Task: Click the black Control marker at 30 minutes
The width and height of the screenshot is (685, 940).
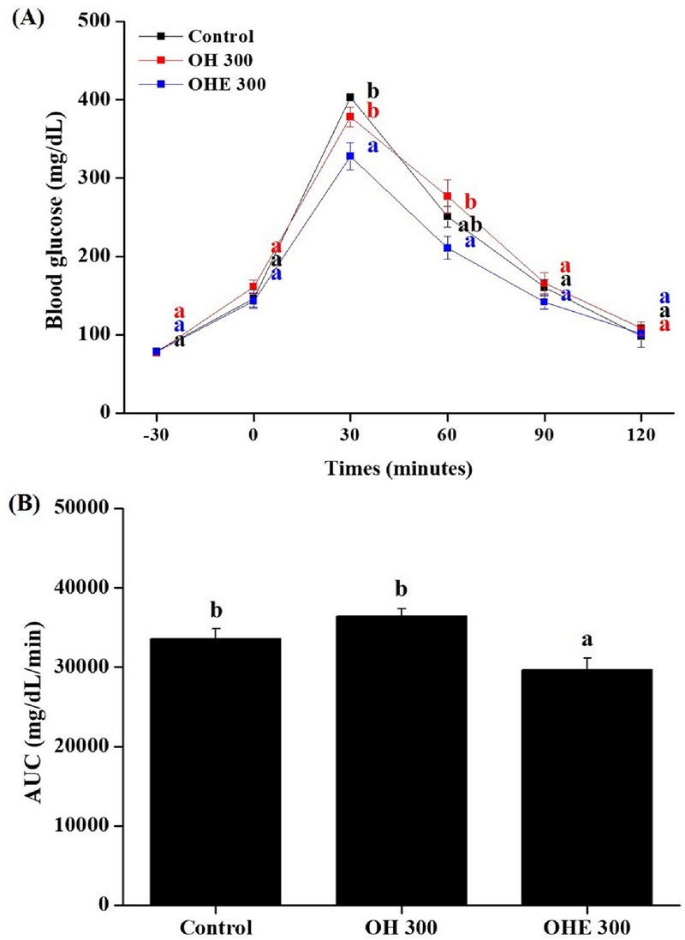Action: click(350, 98)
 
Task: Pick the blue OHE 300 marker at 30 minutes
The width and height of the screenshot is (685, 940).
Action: click(350, 156)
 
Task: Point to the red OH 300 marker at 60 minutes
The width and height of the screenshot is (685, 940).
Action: click(447, 196)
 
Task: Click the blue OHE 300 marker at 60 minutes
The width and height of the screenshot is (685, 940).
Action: click(447, 248)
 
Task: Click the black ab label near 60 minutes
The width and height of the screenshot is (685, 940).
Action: click(470, 226)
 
